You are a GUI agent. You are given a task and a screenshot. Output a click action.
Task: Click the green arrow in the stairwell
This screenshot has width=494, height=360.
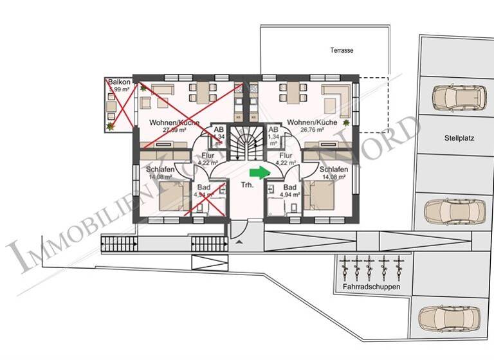coord(258,172)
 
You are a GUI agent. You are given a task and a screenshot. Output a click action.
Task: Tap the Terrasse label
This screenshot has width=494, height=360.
coord(342,50)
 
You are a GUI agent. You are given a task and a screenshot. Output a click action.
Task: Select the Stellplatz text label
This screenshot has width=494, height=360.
coord(458,138)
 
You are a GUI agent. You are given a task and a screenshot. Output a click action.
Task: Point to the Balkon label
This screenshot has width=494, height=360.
coord(120,82)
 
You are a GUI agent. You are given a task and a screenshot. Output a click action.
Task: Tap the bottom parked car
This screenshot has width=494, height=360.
coord(449,316)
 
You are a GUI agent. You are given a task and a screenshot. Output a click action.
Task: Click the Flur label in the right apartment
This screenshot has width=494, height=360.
coord(286,155)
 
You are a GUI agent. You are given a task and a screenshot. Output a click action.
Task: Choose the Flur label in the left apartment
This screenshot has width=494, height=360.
coord(207,155)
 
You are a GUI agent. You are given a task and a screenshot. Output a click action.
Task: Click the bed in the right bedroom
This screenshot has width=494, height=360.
coord(325,195)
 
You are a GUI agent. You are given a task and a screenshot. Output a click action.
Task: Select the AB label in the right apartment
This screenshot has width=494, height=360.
coord(273,129)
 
